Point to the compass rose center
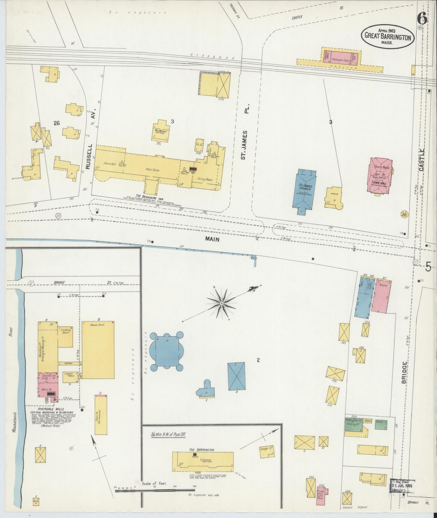coord(221,303)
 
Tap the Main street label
coord(212,239)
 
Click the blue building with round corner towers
coord(167,351)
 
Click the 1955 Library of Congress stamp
coord(403,486)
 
